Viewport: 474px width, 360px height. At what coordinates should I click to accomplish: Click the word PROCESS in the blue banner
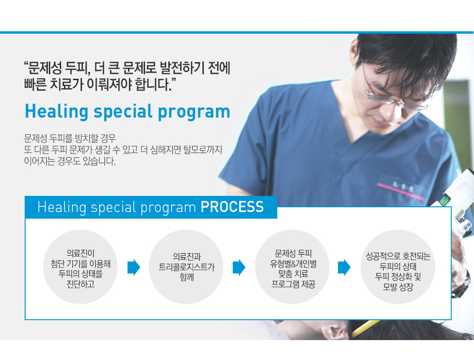click(x=232, y=207)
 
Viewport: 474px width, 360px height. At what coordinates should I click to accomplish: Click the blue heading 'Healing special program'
click(x=128, y=112)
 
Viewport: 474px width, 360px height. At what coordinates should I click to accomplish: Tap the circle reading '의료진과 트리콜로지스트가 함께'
click(x=186, y=267)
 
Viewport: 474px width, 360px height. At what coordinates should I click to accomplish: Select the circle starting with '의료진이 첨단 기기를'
click(x=81, y=267)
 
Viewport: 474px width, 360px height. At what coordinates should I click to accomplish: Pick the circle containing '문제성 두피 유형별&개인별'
click(x=292, y=267)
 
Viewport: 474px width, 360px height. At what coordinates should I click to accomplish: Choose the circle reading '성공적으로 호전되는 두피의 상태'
click(x=398, y=267)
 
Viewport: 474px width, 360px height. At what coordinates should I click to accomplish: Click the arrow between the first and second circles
click(x=134, y=268)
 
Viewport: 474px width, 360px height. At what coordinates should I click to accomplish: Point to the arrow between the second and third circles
click(x=239, y=268)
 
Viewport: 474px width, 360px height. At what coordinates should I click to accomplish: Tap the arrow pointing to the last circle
click(x=344, y=268)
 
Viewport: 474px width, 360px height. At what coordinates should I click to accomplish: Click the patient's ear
click(x=334, y=331)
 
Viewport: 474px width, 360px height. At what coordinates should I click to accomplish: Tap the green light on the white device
click(x=445, y=200)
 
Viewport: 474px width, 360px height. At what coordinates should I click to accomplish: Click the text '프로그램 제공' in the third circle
click(x=293, y=285)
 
